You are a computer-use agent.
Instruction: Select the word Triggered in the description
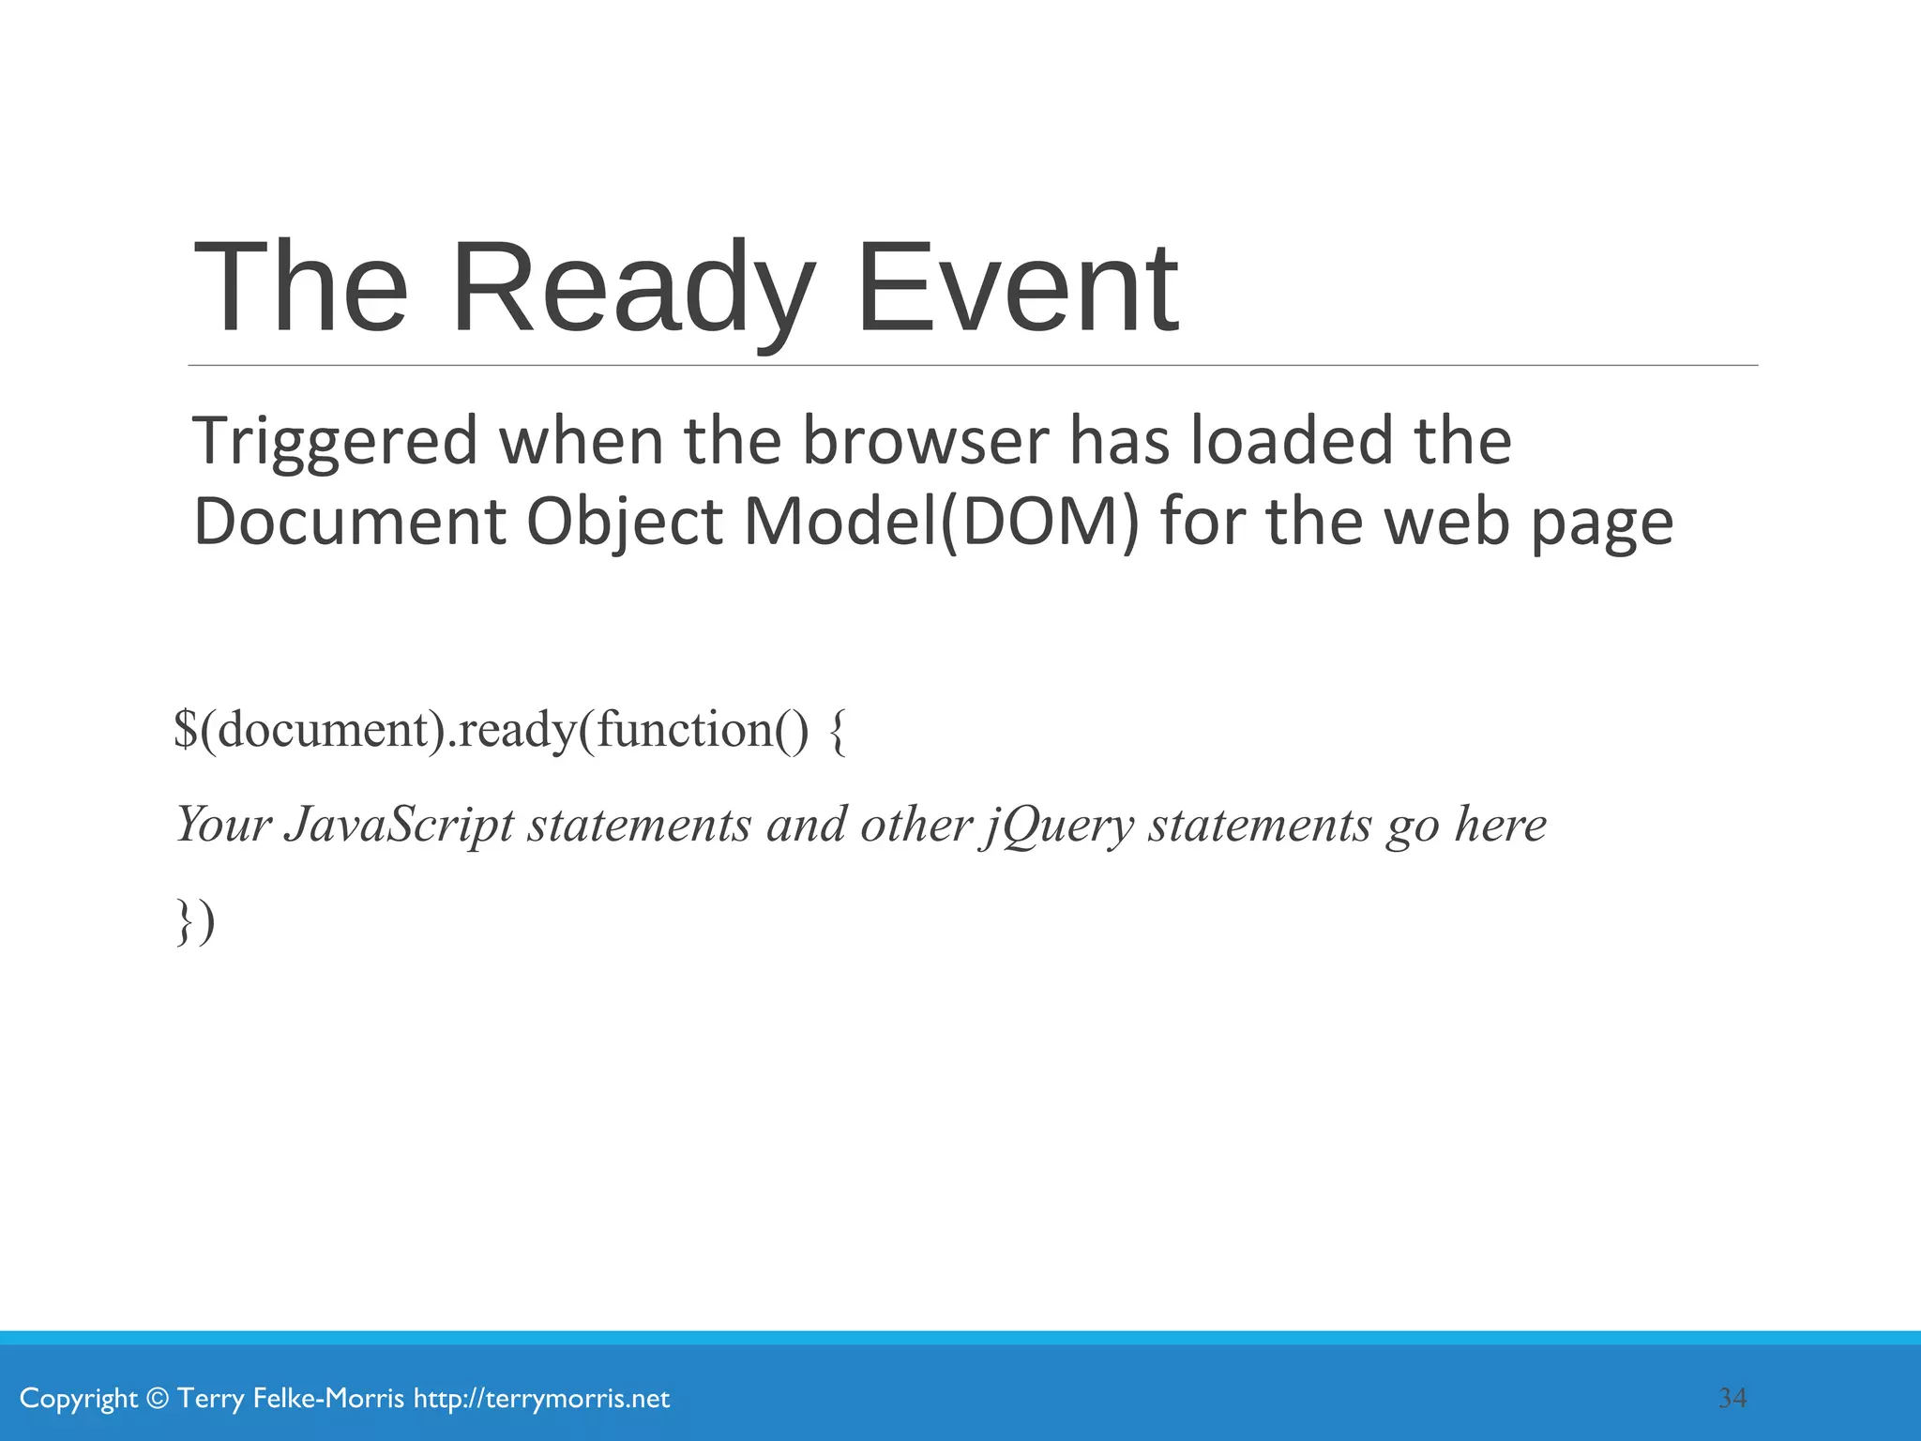click(335, 443)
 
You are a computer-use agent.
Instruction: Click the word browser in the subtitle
click(925, 441)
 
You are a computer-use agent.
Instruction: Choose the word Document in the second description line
click(349, 522)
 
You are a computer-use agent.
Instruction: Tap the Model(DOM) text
click(942, 522)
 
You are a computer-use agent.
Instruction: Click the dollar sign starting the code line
click(186, 730)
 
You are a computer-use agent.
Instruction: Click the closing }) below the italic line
click(196, 921)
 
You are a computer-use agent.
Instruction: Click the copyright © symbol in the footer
click(159, 1399)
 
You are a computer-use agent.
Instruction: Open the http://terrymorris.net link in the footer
click(541, 1399)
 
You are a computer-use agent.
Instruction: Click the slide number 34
click(1732, 1398)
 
